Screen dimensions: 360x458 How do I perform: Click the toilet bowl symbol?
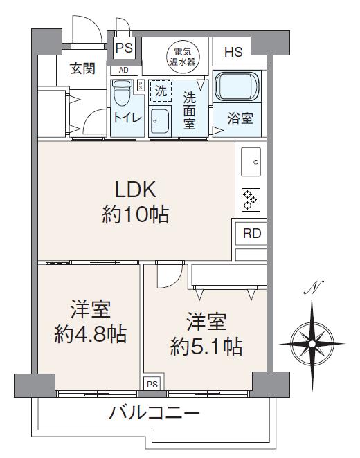(x=121, y=93)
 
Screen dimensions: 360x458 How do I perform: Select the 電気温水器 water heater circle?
(x=183, y=57)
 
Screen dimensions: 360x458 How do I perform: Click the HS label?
(x=233, y=52)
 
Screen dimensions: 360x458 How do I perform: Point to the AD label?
(x=124, y=70)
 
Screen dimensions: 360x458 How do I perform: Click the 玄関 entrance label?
(x=82, y=69)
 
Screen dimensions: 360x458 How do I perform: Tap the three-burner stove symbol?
(x=251, y=200)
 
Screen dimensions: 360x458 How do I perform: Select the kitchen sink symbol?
(x=251, y=162)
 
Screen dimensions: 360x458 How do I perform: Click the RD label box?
(x=251, y=233)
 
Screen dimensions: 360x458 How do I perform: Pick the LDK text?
(x=135, y=190)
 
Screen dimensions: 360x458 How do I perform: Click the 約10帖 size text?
(x=136, y=214)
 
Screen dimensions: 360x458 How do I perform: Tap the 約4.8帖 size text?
(x=91, y=334)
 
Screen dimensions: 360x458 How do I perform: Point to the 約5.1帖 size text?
(x=206, y=347)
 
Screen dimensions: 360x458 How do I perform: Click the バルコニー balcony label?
(x=154, y=413)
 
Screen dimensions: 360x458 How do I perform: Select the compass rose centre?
(x=312, y=344)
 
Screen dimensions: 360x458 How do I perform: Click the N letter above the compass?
(x=314, y=288)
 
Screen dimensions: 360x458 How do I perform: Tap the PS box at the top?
(x=124, y=48)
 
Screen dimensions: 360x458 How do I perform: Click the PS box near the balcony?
(x=152, y=384)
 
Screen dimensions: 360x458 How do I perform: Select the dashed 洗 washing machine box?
(x=161, y=91)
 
